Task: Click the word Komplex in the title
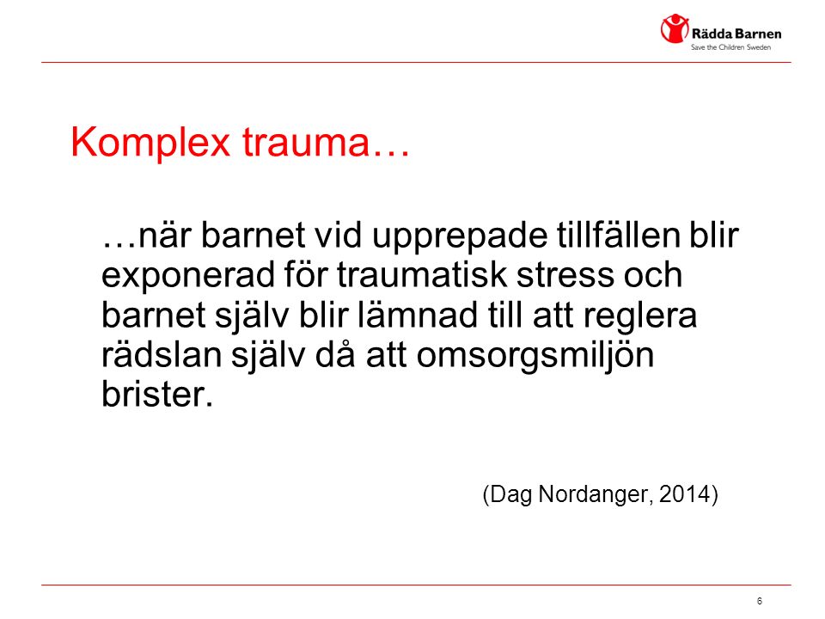[150, 143]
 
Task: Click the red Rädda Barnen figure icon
[675, 28]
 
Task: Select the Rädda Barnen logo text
[736, 34]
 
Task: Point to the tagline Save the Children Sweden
[730, 47]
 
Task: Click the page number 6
[759, 601]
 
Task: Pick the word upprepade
[460, 236]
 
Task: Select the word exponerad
[188, 275]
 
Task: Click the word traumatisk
[422, 274]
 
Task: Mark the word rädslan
[162, 355]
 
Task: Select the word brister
[157, 394]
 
